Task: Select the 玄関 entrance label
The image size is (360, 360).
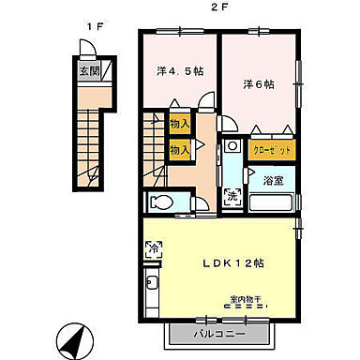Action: click(x=87, y=69)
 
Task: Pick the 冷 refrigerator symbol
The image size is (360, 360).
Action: click(x=153, y=249)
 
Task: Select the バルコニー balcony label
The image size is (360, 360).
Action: click(x=221, y=333)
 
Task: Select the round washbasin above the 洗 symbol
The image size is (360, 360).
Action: click(x=232, y=147)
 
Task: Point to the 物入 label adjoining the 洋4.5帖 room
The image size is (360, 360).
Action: click(x=178, y=123)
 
